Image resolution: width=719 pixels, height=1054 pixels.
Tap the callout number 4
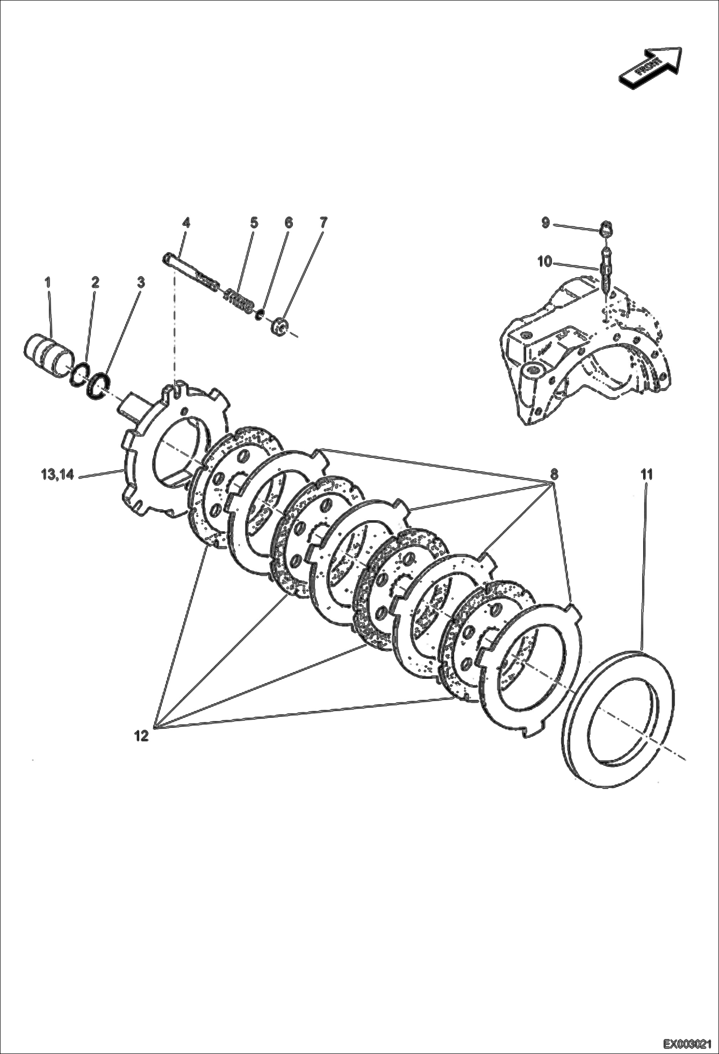[186, 223]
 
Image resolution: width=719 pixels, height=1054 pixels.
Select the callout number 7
[323, 223]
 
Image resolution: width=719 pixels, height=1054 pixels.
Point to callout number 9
[545, 223]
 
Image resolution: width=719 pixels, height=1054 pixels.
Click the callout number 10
[545, 262]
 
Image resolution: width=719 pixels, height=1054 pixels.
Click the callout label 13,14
[57, 475]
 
